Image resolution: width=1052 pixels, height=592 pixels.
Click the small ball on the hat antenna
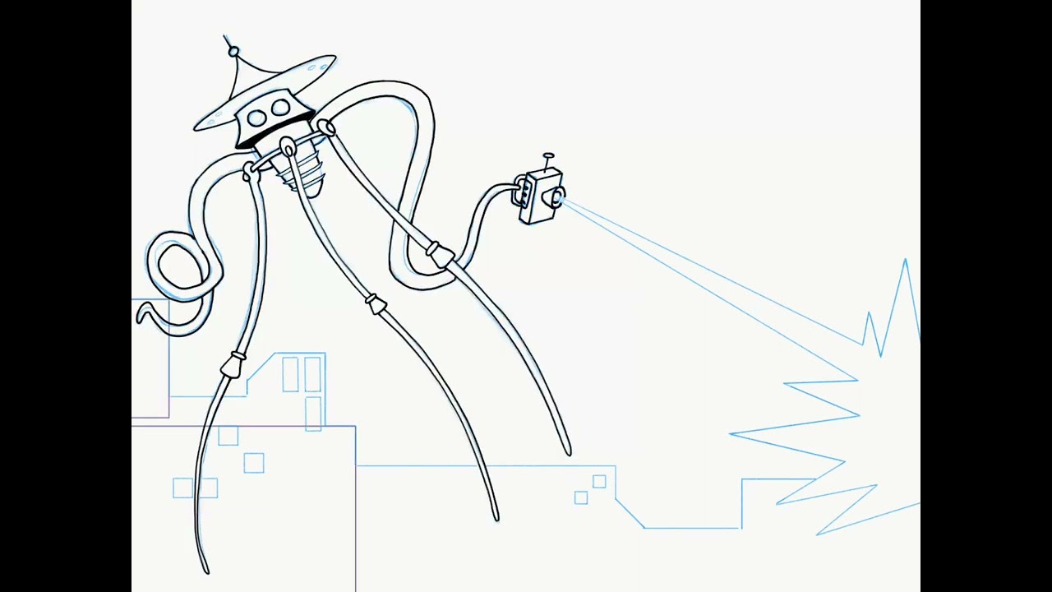pyautogui.click(x=234, y=53)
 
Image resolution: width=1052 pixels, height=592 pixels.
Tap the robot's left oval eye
pyautogui.click(x=256, y=118)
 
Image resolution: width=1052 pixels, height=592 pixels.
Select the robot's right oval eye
pyautogui.click(x=280, y=107)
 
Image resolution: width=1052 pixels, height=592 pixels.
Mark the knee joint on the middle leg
pyautogui.click(x=376, y=305)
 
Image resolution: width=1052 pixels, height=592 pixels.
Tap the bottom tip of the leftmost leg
pyautogui.click(x=206, y=571)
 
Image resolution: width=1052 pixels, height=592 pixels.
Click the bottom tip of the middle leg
pyautogui.click(x=496, y=518)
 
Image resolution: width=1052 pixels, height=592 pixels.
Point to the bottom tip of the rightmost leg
pyautogui.click(x=568, y=452)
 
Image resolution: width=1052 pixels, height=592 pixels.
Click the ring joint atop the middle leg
pyautogui.click(x=288, y=148)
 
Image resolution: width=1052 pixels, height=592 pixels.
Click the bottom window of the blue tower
pyautogui.click(x=313, y=413)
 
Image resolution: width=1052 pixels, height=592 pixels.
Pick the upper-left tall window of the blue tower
pyautogui.click(x=290, y=374)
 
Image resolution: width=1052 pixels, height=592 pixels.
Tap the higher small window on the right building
pyautogui.click(x=599, y=482)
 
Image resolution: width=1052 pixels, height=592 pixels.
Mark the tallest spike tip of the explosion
pyautogui.click(x=905, y=261)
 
